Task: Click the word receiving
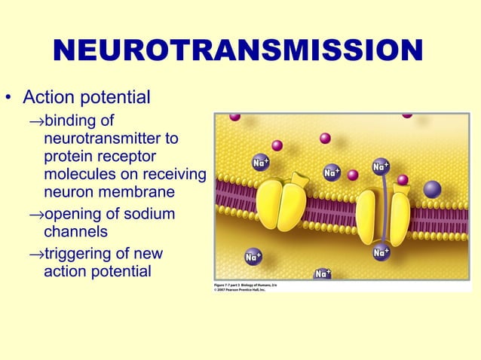pyautogui.click(x=175, y=175)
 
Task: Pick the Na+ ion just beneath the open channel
pyautogui.click(x=381, y=254)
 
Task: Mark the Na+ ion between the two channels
pyautogui.click(x=332, y=173)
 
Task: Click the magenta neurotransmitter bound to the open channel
pyautogui.click(x=403, y=180)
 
